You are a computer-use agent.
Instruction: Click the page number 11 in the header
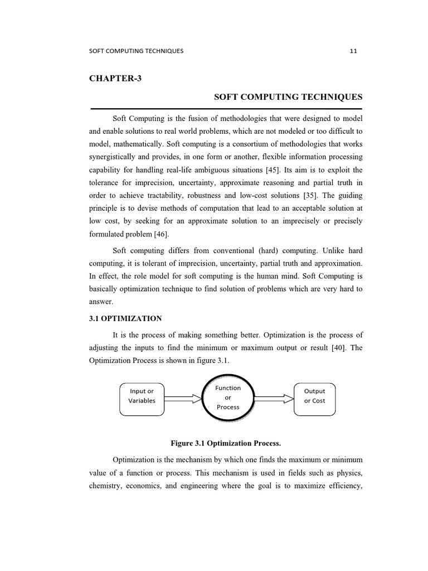(x=353, y=51)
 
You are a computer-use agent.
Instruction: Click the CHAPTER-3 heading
(x=115, y=78)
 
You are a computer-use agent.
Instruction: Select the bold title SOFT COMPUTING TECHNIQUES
(x=288, y=97)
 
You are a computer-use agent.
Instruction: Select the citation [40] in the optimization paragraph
(x=328, y=347)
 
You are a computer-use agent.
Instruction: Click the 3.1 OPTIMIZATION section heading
(x=125, y=318)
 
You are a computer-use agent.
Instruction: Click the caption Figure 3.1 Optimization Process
(x=226, y=443)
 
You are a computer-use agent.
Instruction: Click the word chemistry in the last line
(x=107, y=486)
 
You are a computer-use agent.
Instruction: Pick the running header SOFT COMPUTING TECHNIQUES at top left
(x=136, y=51)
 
